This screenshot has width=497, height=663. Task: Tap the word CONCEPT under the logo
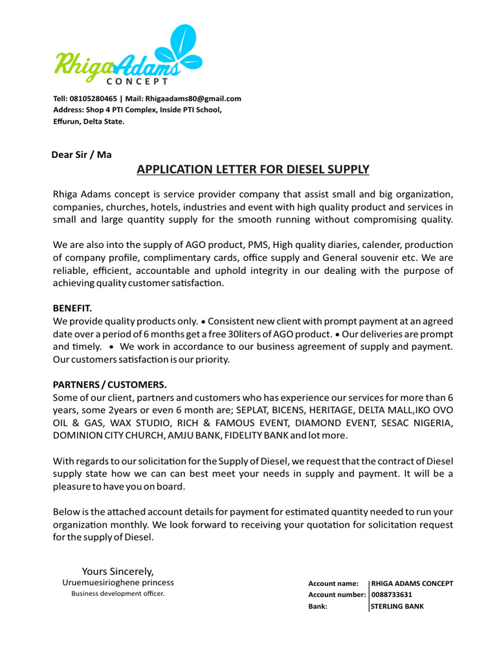click(137, 82)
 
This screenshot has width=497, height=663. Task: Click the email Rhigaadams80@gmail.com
click(193, 98)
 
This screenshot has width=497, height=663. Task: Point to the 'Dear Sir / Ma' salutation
click(81, 155)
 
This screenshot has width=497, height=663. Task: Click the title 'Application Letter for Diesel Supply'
click(252, 170)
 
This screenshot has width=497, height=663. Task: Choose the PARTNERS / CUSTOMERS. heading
click(109, 384)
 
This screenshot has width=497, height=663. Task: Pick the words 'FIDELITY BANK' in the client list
click(256, 436)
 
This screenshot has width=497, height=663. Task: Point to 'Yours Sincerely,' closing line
click(118, 571)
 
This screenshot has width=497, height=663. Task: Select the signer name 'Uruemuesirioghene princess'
click(118, 583)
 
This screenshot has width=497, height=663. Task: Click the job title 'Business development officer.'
click(118, 594)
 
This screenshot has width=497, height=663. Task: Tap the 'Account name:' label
click(333, 583)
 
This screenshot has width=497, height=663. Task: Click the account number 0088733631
click(392, 594)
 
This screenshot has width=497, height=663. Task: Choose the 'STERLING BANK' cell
click(397, 607)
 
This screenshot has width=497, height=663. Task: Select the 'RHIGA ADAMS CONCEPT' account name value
click(412, 583)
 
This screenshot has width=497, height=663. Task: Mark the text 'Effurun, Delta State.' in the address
click(89, 121)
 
